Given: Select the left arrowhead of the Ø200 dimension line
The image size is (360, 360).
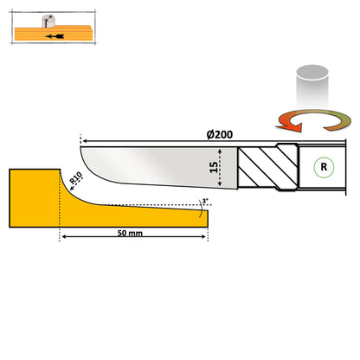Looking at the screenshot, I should click(x=82, y=138).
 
